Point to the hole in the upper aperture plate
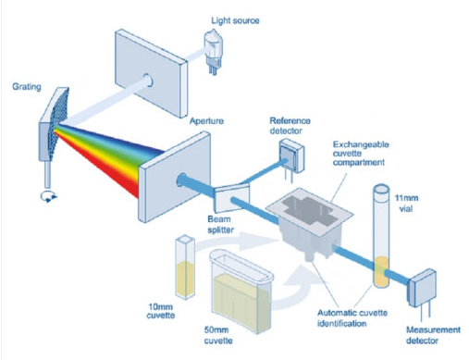tap(149, 75)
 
